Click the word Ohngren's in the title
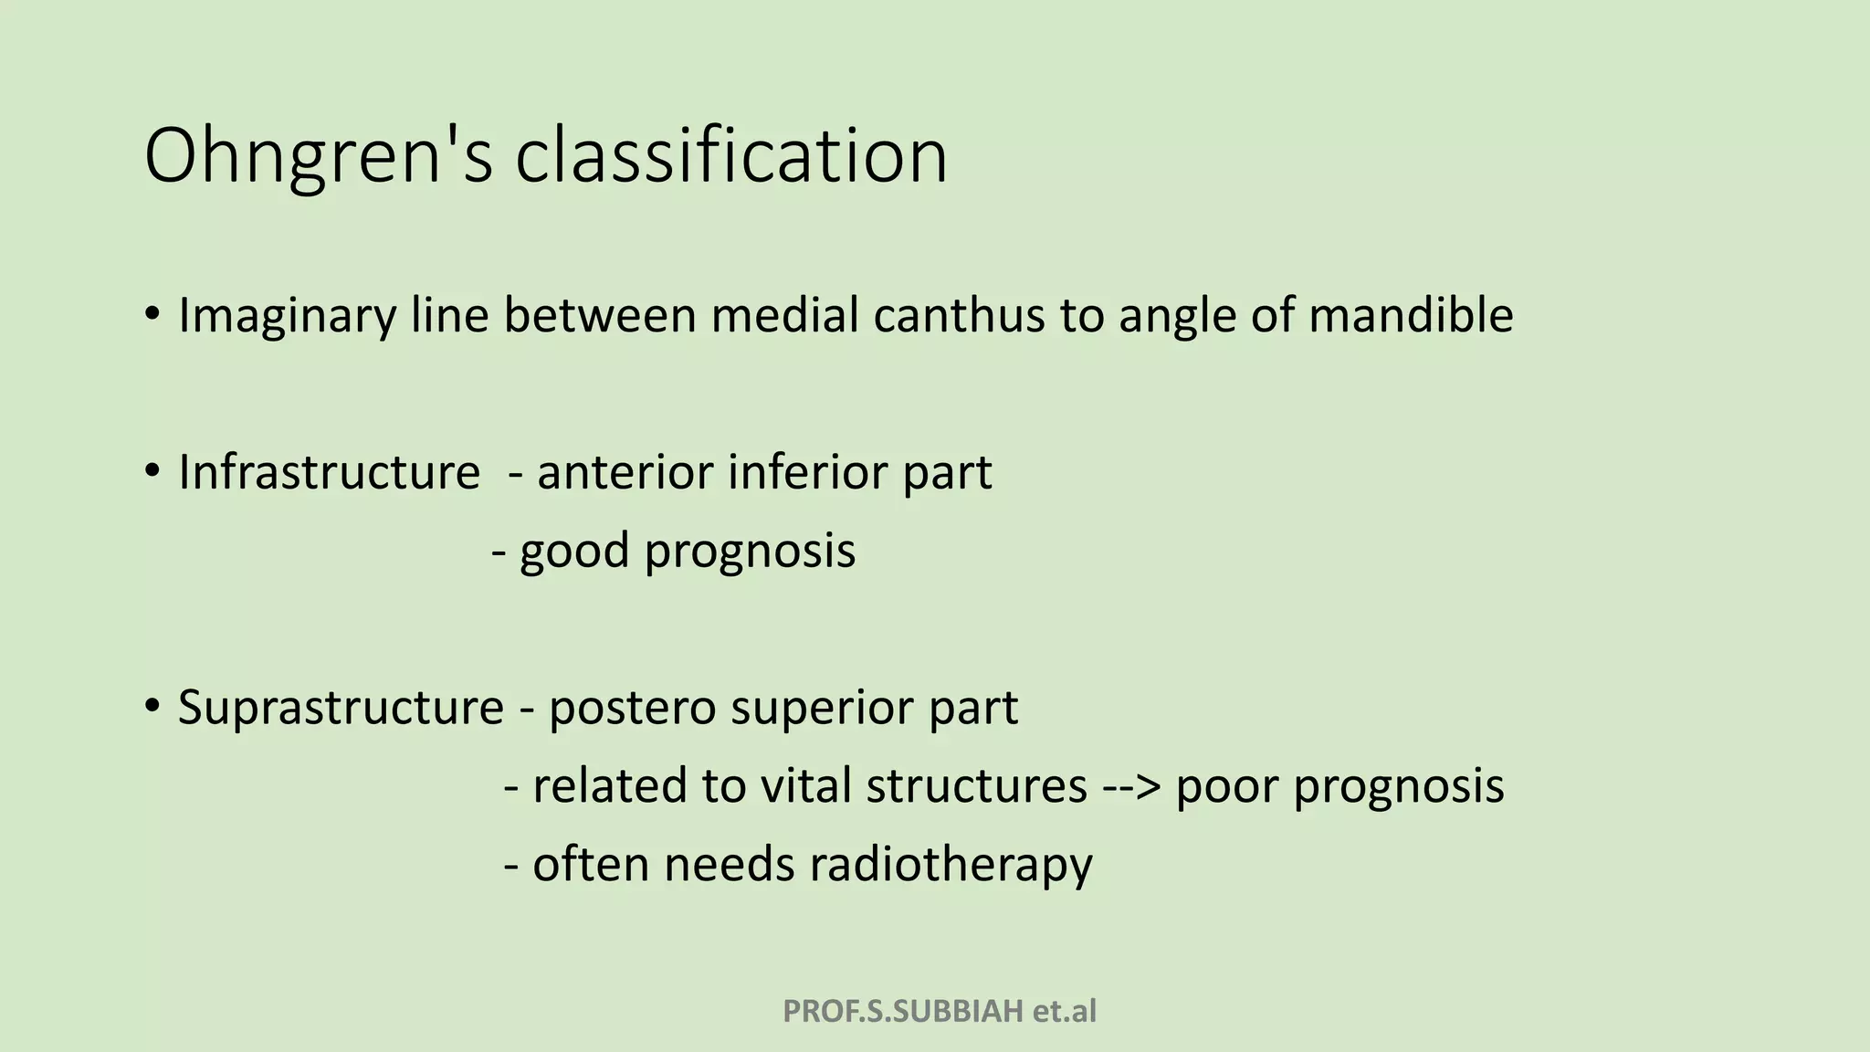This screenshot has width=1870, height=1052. (318, 157)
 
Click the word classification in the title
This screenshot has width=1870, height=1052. (730, 157)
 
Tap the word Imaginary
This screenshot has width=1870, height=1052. (287, 316)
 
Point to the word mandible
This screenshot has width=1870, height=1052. (1411, 316)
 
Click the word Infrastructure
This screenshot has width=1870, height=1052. (329, 473)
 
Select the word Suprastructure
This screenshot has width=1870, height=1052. (341, 708)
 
